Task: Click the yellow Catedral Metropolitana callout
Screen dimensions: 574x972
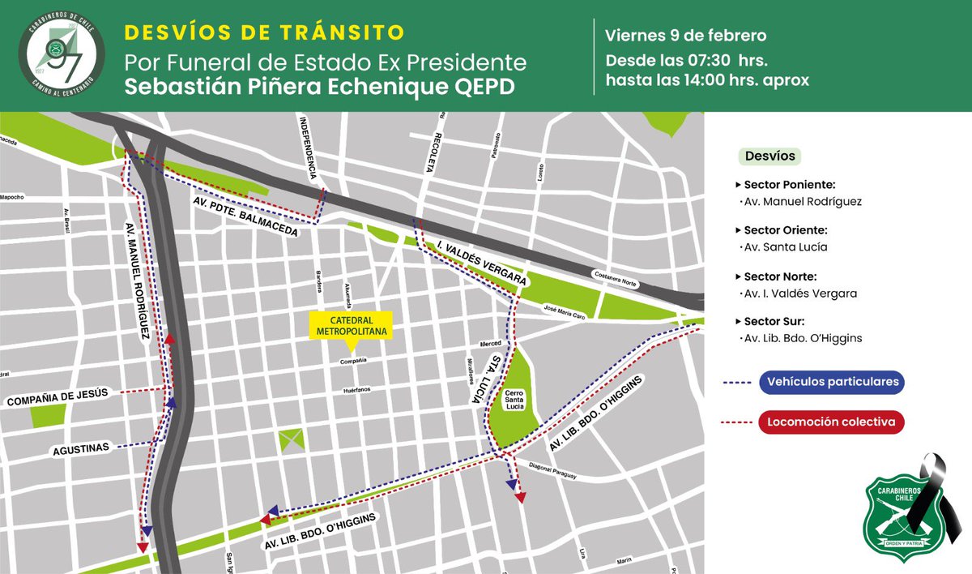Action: tap(350, 326)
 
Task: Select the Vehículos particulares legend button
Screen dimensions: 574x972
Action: tap(832, 382)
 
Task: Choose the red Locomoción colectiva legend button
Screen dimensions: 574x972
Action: tap(832, 422)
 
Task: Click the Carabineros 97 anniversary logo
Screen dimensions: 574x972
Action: tap(63, 55)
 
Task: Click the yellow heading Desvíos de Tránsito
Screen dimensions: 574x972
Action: tap(263, 33)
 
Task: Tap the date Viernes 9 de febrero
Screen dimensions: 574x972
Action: tap(685, 36)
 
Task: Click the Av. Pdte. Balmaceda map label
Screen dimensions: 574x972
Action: tap(245, 216)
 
